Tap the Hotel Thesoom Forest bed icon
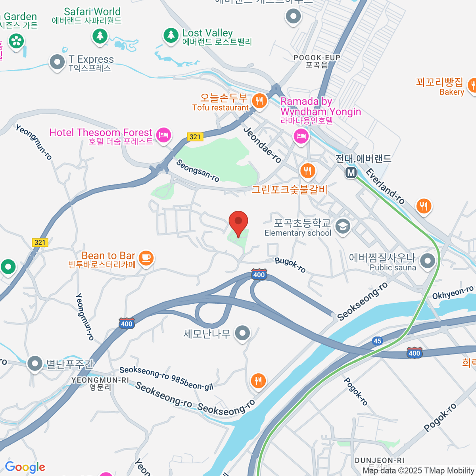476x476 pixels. (x=163, y=135)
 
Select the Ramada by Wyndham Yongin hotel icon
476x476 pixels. (x=301, y=136)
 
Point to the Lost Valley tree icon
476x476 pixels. (x=171, y=35)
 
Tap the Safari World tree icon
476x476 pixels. (x=100, y=36)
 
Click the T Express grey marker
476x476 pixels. (x=57, y=62)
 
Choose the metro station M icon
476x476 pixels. (x=351, y=173)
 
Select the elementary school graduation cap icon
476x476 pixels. (x=342, y=226)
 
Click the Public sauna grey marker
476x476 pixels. (x=428, y=261)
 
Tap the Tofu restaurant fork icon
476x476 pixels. (x=259, y=101)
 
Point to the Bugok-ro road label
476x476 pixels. (x=290, y=265)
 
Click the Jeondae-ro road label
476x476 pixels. (x=262, y=145)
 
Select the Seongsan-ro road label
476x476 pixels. (x=198, y=171)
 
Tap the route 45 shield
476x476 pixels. (x=377, y=341)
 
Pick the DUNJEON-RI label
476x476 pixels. (x=379, y=461)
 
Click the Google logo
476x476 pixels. (x=25, y=467)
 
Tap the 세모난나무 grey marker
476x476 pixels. (x=242, y=333)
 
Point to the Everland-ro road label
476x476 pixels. (x=385, y=186)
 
